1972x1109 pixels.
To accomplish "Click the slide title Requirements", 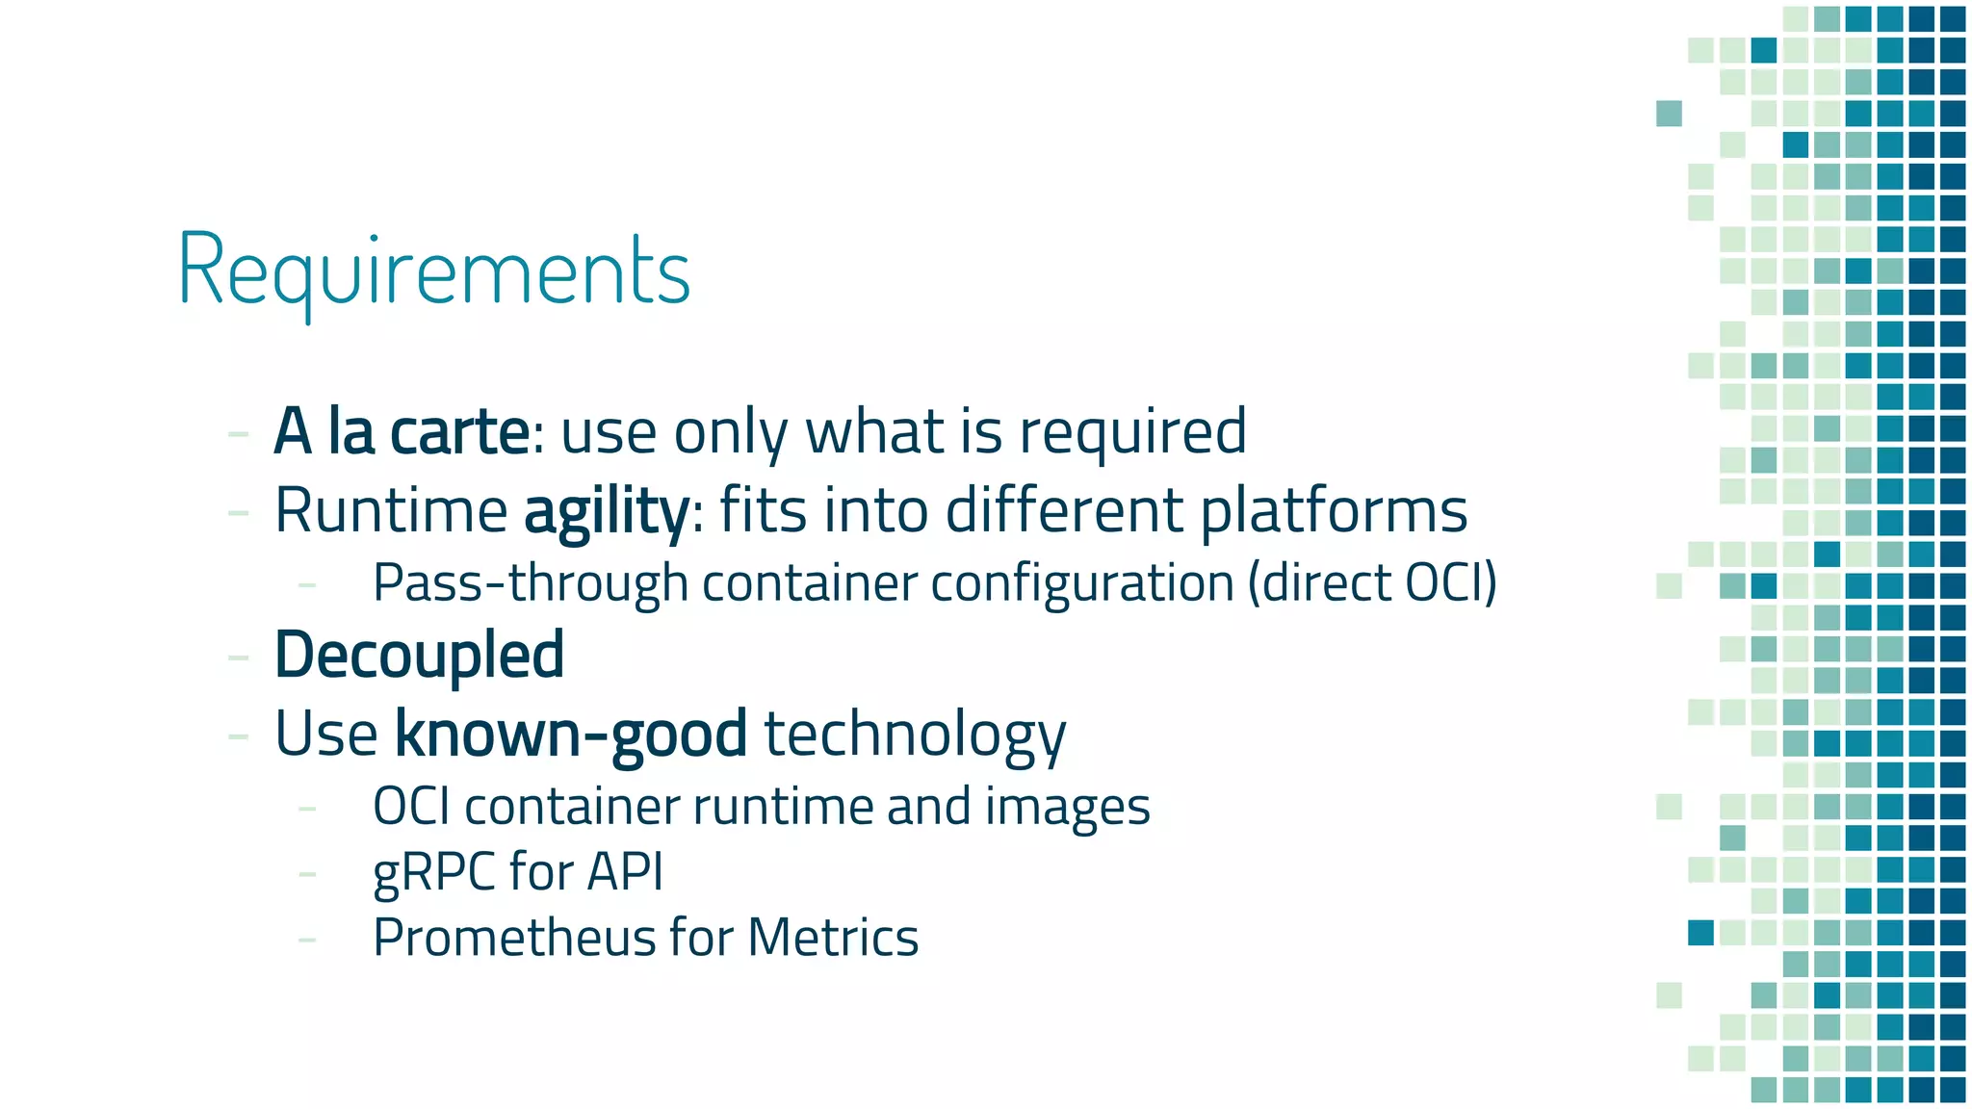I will click(x=434, y=271).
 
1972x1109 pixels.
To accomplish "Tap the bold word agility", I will click(x=606, y=511).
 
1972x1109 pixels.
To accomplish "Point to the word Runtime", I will click(x=391, y=511).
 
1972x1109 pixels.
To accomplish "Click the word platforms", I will click(x=1334, y=511).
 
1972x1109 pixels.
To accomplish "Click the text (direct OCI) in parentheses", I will click(x=1372, y=583).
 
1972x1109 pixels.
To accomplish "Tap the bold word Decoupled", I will click(x=419, y=656).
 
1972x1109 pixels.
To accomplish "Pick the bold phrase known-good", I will click(x=570, y=735).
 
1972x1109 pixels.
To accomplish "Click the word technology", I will click(x=915, y=735).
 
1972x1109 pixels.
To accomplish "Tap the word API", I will click(x=625, y=872).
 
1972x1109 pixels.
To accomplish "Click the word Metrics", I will click(x=833, y=938).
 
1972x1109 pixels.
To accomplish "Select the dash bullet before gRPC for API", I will click(x=307, y=874).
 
